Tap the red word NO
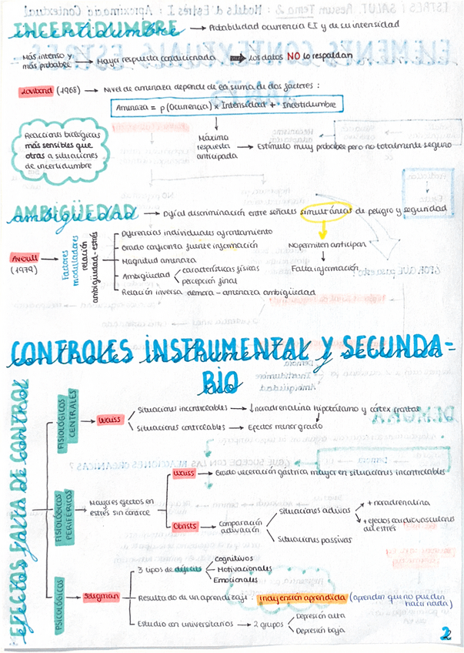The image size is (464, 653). (293, 56)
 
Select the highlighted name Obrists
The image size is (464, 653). (185, 527)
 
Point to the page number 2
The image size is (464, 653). (445, 633)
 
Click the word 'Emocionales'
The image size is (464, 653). (235, 580)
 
